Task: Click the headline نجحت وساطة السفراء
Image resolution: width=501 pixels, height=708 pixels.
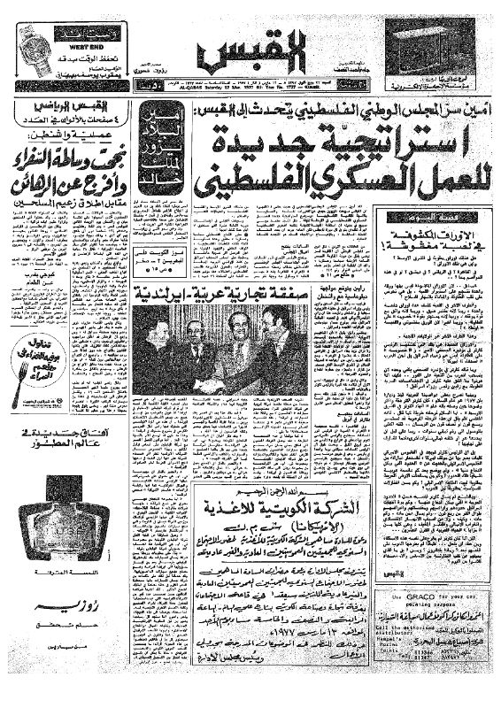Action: [x=62, y=163]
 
